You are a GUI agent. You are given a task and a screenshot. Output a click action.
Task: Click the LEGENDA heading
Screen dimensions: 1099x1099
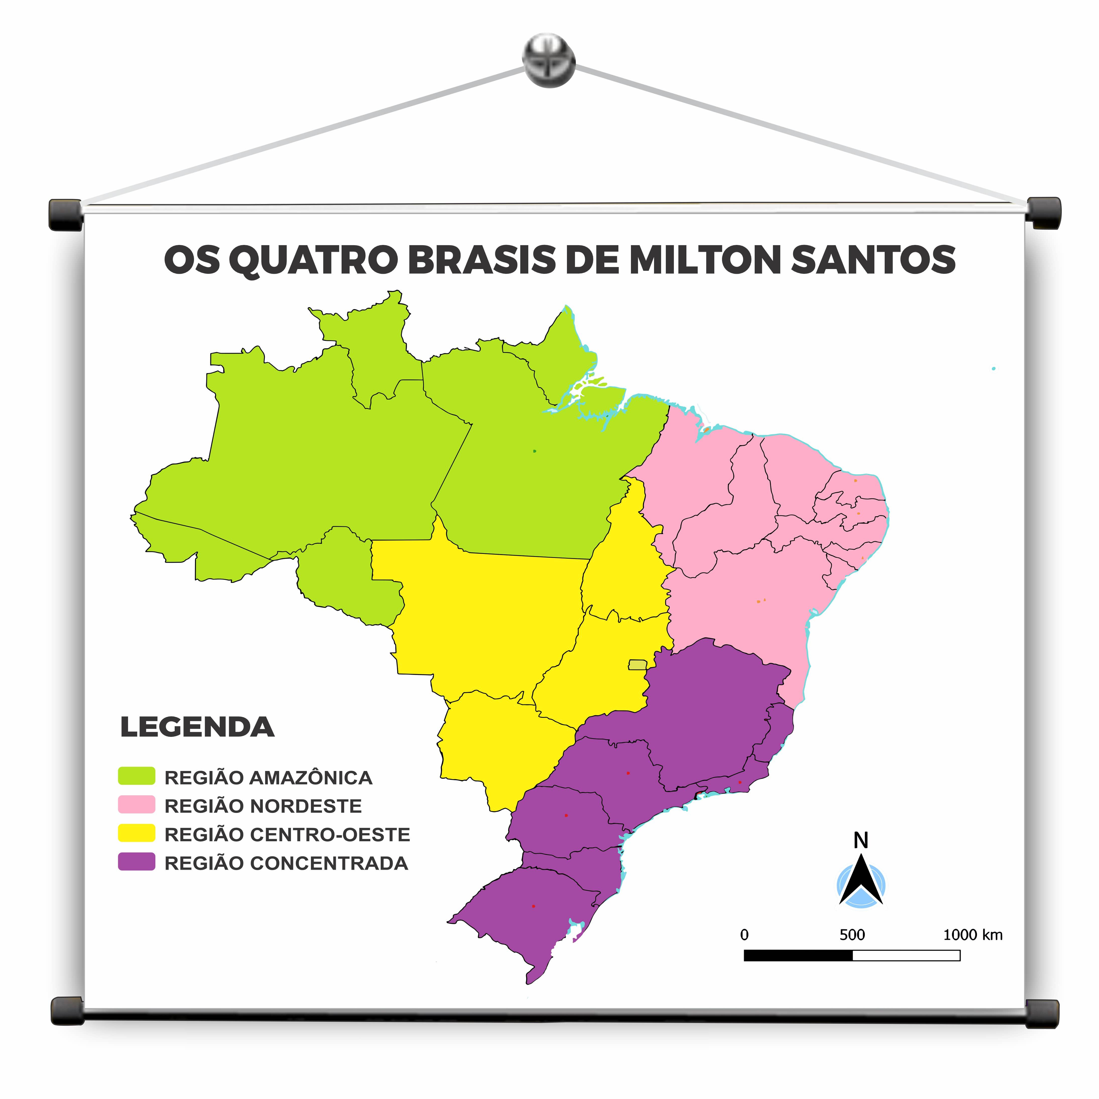[197, 728]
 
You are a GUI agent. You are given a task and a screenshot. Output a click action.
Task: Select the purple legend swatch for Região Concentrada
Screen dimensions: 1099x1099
[137, 862]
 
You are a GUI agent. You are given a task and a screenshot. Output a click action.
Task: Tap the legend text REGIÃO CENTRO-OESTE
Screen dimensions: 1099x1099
[287, 834]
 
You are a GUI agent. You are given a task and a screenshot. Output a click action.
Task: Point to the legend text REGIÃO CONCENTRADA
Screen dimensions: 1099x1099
[286, 863]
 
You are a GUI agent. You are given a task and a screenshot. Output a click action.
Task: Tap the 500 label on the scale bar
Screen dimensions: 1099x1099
[852, 935]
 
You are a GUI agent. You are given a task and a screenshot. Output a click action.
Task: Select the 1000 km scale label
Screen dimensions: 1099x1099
[973, 935]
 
